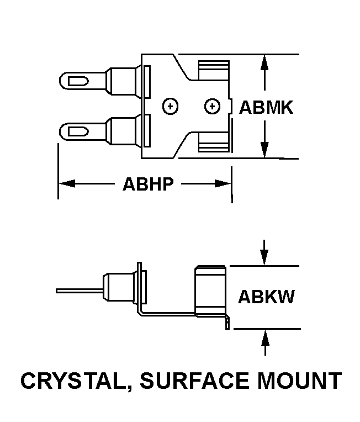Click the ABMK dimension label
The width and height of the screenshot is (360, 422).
click(x=266, y=107)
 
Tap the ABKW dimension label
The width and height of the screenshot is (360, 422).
click(x=266, y=297)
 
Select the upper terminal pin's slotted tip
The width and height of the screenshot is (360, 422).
click(x=78, y=81)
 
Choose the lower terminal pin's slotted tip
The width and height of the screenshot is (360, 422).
click(x=78, y=131)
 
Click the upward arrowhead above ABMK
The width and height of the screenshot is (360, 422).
click(x=265, y=62)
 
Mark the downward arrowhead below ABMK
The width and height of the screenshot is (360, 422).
click(x=265, y=150)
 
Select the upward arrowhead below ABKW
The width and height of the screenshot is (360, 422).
click(x=265, y=336)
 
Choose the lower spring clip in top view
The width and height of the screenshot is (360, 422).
click(x=214, y=144)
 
